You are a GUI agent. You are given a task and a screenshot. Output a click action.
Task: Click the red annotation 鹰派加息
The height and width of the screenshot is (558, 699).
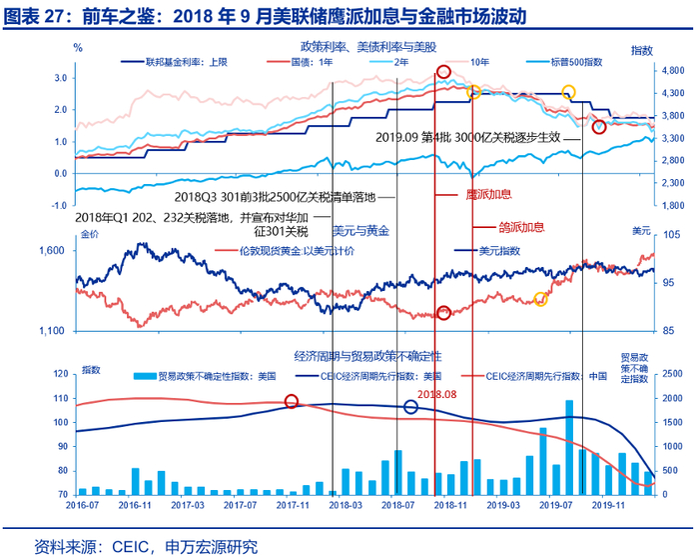[489, 194]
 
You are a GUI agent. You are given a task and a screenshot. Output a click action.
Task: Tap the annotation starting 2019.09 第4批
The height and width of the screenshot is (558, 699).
[468, 138]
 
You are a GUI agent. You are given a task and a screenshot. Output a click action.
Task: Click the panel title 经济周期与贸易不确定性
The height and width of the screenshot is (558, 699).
[367, 355]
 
